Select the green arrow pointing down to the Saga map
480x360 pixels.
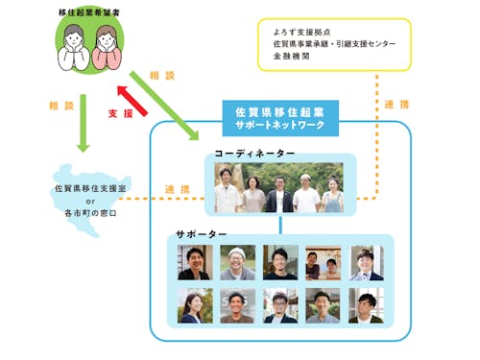(x=83, y=119)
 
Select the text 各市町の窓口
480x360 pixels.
(x=87, y=212)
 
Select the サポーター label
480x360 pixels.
(x=202, y=234)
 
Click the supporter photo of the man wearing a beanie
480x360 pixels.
(x=237, y=262)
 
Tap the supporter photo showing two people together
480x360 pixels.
(x=323, y=262)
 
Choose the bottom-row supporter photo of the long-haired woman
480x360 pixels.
(x=195, y=305)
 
